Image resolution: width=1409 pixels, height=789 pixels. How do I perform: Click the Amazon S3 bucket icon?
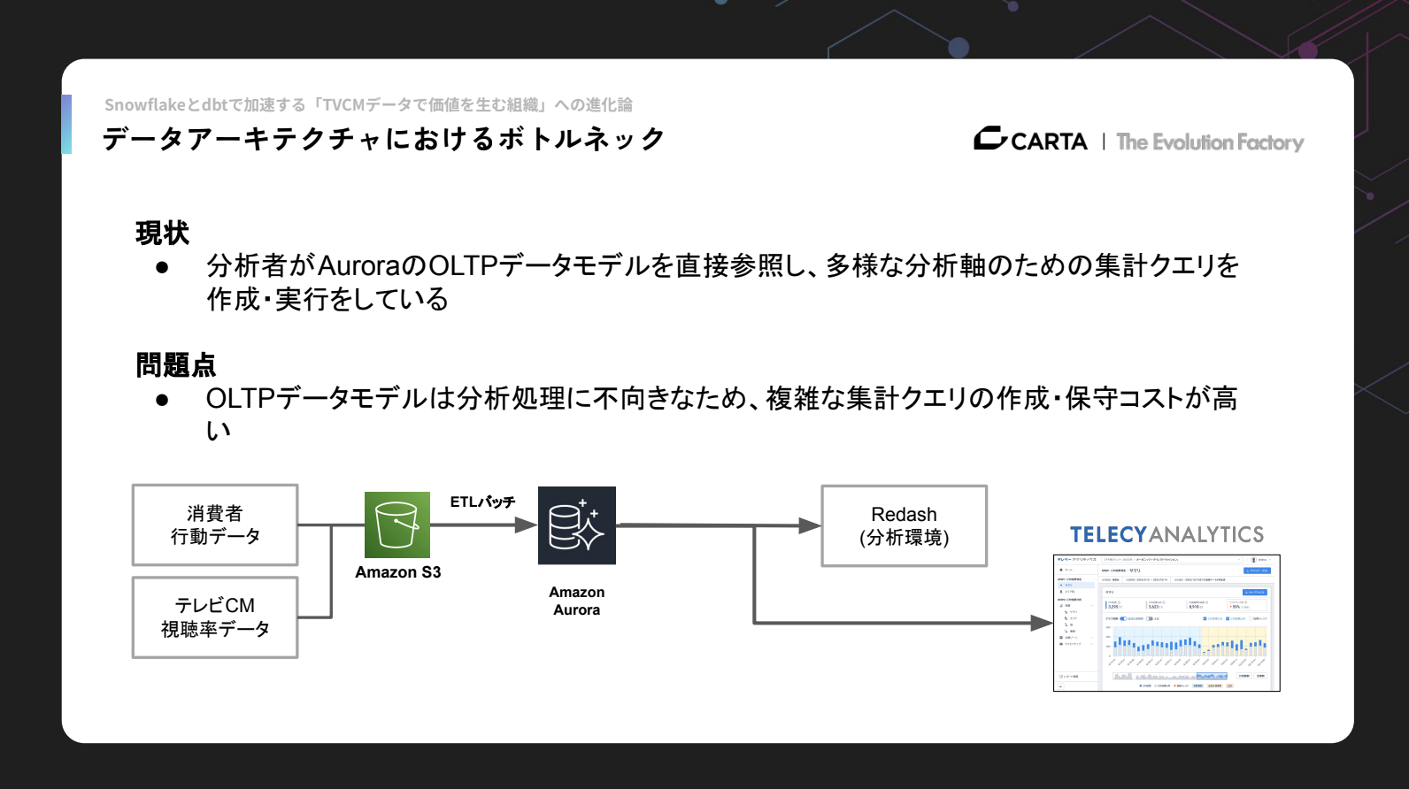click(397, 525)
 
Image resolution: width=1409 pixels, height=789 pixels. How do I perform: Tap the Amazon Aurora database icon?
click(576, 525)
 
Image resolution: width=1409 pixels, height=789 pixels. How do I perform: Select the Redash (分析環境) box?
click(904, 525)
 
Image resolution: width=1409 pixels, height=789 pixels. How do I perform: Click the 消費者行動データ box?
click(215, 525)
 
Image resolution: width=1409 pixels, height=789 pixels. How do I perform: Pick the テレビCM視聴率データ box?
click(215, 617)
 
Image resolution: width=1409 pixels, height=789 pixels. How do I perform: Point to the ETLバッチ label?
click(482, 502)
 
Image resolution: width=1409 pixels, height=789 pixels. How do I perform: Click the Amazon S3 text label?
click(397, 572)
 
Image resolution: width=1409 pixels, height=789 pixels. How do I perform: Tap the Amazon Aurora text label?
click(576, 601)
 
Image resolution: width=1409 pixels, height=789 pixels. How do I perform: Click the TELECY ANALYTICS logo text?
click(1166, 534)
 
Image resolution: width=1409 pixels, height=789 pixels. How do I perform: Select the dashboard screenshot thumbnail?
click(1166, 623)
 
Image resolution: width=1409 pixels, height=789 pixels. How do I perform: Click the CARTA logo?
click(1031, 140)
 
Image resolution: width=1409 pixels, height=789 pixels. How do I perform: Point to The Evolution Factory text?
click(1210, 142)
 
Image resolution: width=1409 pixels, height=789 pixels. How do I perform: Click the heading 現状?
click(162, 234)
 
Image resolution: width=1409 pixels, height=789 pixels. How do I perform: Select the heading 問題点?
click(175, 364)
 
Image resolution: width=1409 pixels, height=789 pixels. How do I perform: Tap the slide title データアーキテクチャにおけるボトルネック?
click(383, 139)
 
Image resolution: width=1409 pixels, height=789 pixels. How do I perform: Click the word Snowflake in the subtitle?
click(144, 105)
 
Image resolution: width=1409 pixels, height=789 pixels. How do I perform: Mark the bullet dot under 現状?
click(162, 267)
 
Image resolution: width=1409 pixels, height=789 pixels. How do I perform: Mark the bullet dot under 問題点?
click(162, 400)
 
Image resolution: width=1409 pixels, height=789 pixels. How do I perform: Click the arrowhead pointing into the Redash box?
click(810, 525)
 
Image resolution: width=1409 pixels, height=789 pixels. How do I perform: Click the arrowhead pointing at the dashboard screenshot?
click(1042, 623)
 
